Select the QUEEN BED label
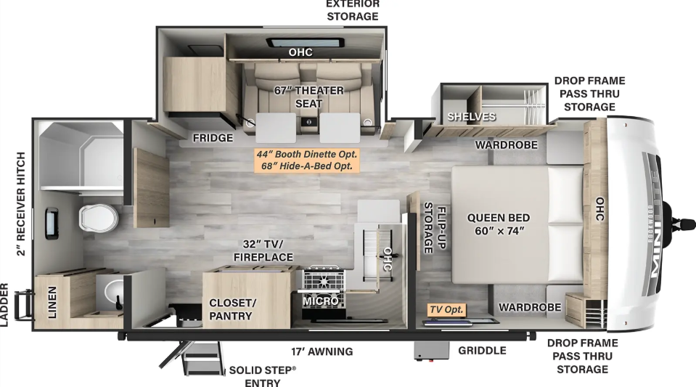[x=499, y=218]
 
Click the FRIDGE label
[x=213, y=138]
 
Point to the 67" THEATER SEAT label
[x=309, y=97]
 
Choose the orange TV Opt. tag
[x=446, y=310]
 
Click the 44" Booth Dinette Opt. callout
[x=307, y=154]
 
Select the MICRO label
[x=321, y=301]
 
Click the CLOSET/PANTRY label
[x=232, y=309]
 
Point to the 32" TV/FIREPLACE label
[x=263, y=250]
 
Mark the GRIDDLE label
[x=482, y=351]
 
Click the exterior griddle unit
[x=431, y=351]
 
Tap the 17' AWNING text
[x=322, y=351]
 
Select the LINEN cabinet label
[x=52, y=302]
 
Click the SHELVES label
[x=472, y=117]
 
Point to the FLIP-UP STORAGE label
[x=435, y=228]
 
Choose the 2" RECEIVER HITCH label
[x=21, y=204]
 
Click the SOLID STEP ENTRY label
[x=262, y=376]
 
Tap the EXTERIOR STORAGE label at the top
[x=353, y=10]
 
